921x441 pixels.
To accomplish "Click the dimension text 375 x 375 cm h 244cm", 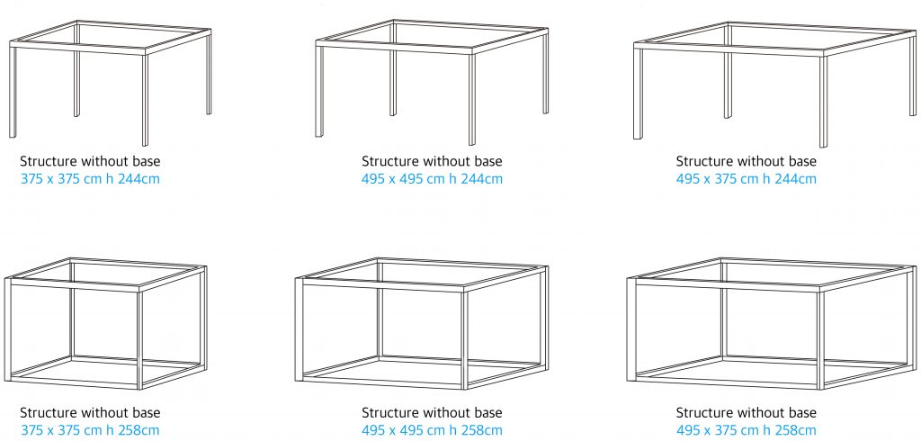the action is (90, 179).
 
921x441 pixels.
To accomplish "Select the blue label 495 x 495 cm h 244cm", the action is (432, 179).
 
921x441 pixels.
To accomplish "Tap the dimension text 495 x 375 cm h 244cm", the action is (746, 179).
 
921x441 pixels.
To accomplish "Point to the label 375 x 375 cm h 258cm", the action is (90, 430).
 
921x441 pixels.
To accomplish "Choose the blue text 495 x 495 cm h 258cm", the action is (432, 430).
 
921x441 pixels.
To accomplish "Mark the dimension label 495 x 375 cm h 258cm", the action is (746, 430).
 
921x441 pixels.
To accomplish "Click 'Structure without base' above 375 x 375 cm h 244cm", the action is (90, 161).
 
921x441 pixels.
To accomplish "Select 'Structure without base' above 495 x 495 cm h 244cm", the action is (432, 161).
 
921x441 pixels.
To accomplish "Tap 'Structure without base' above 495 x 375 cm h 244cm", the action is (746, 161).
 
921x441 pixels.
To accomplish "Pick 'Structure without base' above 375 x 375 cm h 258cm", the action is (90, 413).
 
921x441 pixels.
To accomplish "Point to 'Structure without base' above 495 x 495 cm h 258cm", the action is (432, 413).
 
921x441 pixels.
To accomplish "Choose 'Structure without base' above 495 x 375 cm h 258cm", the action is (746, 413).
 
